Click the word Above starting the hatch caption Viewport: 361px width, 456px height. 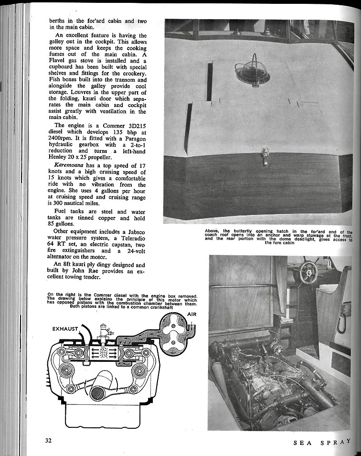point(212,231)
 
